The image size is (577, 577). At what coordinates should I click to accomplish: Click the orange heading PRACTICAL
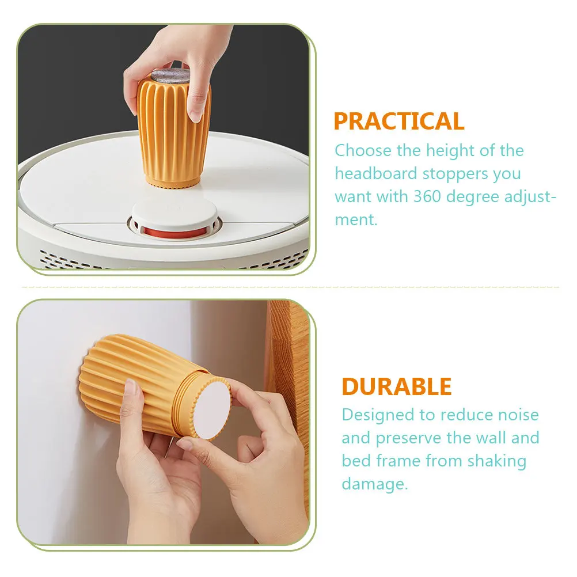click(x=399, y=121)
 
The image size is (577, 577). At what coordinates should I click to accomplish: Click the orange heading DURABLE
click(x=397, y=386)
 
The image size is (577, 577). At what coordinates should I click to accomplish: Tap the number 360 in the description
click(x=427, y=196)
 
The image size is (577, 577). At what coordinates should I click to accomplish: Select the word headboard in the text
click(x=375, y=173)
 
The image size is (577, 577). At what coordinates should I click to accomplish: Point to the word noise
click(x=518, y=415)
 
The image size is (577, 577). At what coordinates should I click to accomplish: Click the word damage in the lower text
click(x=374, y=484)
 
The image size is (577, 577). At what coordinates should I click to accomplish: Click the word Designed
click(x=378, y=415)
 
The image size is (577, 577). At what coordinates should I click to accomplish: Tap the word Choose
click(x=363, y=150)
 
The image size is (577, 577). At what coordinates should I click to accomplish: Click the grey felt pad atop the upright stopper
click(x=170, y=77)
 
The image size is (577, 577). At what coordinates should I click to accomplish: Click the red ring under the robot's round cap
click(x=175, y=232)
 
